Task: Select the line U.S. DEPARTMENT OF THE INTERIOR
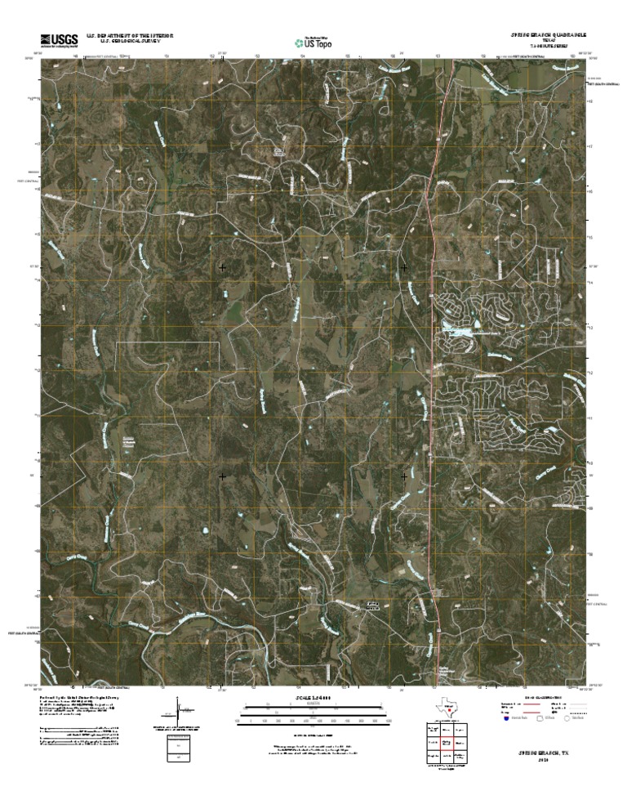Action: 124,36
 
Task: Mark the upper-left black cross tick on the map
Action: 222,267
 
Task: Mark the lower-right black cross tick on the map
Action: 405,475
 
